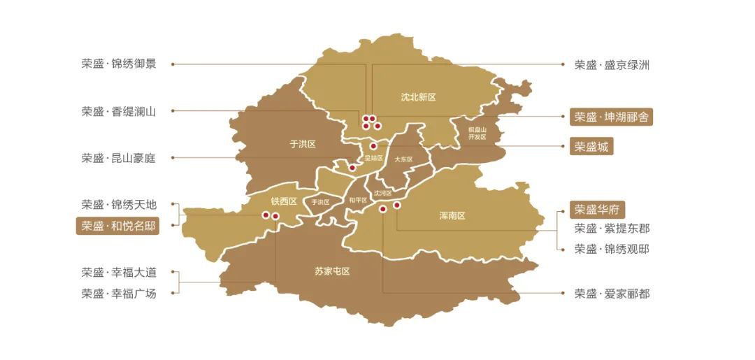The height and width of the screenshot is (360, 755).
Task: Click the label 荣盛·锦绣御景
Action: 118,64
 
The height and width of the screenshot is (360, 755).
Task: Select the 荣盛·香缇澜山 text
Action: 118,111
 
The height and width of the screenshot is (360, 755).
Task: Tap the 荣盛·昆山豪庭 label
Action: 118,158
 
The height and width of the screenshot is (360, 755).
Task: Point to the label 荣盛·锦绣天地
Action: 118,205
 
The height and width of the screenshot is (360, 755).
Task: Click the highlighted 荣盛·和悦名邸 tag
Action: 117,226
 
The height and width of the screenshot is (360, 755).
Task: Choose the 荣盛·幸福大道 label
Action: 118,273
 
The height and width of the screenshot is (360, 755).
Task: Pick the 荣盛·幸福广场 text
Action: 118,294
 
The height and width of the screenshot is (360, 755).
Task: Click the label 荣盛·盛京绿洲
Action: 612,65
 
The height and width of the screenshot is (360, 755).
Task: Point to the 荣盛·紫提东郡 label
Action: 612,229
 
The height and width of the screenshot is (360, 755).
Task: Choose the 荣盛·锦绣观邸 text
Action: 612,249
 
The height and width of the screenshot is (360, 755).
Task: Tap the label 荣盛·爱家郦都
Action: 612,294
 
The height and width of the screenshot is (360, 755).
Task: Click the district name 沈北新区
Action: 418,97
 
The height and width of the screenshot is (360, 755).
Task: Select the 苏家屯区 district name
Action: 332,271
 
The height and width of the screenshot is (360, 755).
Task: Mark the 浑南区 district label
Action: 452,216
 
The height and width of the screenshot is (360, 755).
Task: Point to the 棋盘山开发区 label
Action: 477,134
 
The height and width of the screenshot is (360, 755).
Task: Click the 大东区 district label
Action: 403,159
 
